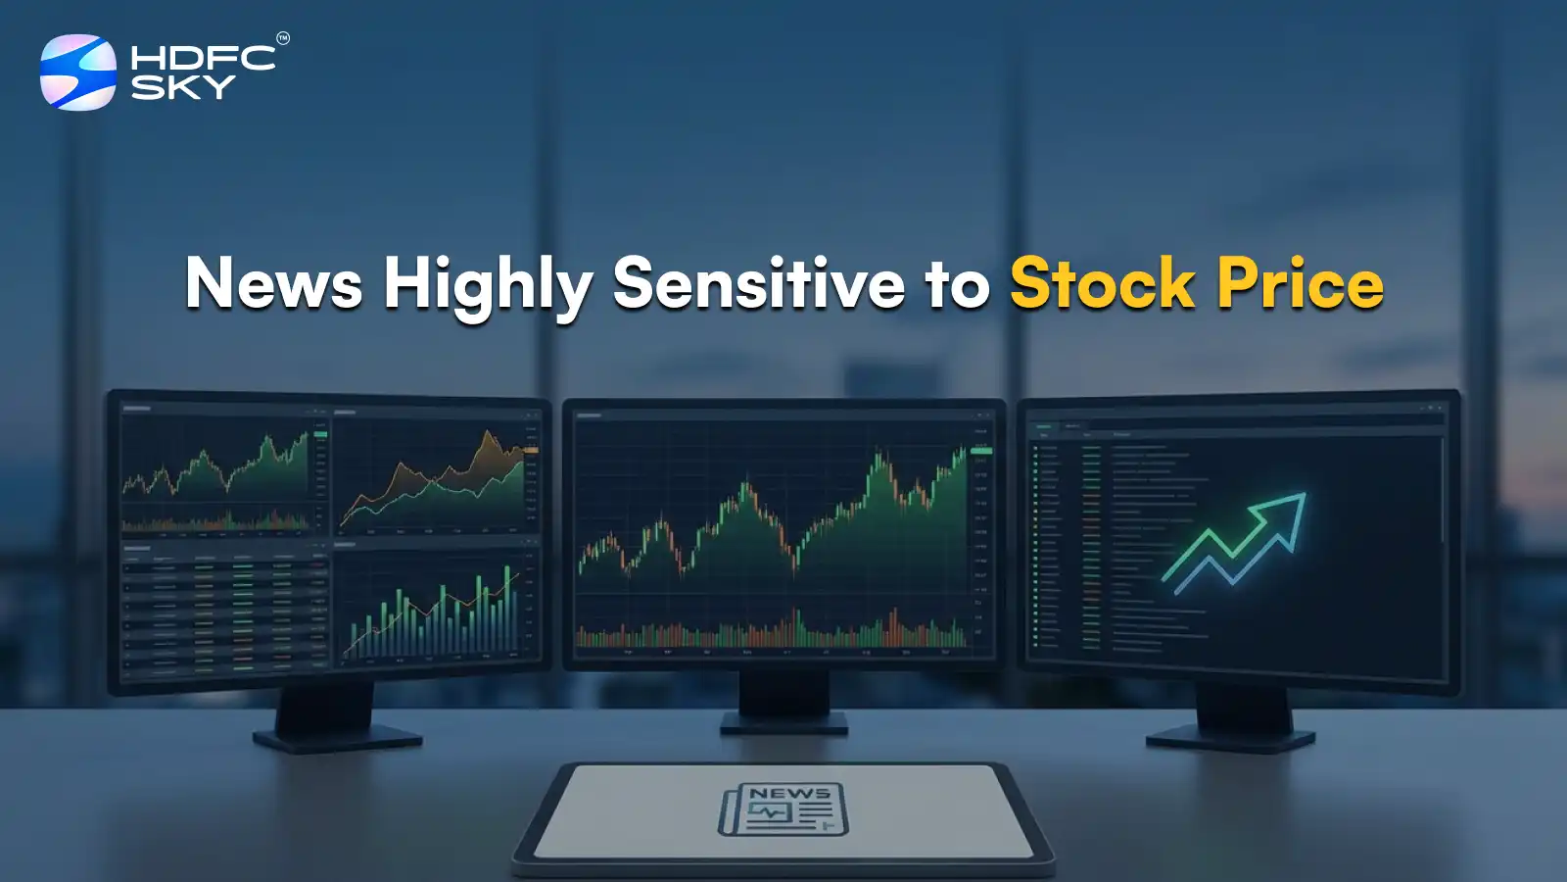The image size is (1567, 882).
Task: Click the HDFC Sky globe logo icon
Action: click(77, 73)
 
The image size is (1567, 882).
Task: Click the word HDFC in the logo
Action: click(203, 58)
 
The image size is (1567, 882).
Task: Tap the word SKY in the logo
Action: click(183, 88)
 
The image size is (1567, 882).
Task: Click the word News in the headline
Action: click(273, 284)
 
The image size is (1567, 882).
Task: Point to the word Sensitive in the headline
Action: click(759, 284)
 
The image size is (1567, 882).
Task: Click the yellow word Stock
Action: click(1102, 284)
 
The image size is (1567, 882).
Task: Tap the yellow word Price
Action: click(1301, 284)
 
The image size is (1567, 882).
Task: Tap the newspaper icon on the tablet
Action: click(783, 810)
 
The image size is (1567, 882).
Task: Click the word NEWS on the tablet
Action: click(789, 793)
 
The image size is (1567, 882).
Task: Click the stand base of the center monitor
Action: click(783, 723)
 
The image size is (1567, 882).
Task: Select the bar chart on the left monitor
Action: click(436, 612)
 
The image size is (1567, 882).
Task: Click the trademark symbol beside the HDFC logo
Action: click(283, 39)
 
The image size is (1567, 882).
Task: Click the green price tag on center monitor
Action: click(980, 451)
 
